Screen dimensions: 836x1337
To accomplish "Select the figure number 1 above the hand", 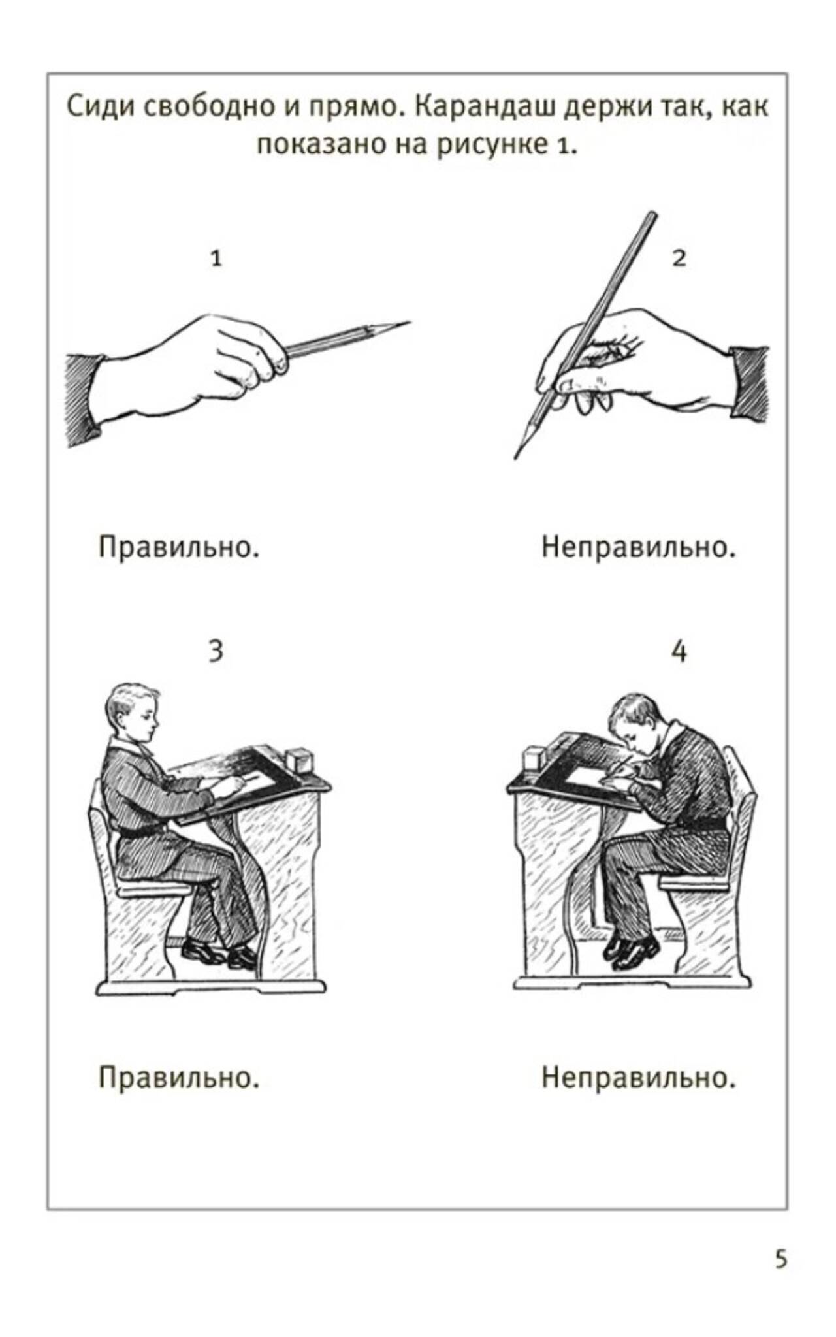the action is [216, 259].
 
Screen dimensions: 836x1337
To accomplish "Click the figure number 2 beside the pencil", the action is [679, 259].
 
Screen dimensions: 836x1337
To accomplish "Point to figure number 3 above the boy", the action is [216, 651].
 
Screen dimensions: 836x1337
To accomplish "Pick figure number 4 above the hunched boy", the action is [679, 651].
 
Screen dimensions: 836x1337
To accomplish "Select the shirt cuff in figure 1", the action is [84, 398].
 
